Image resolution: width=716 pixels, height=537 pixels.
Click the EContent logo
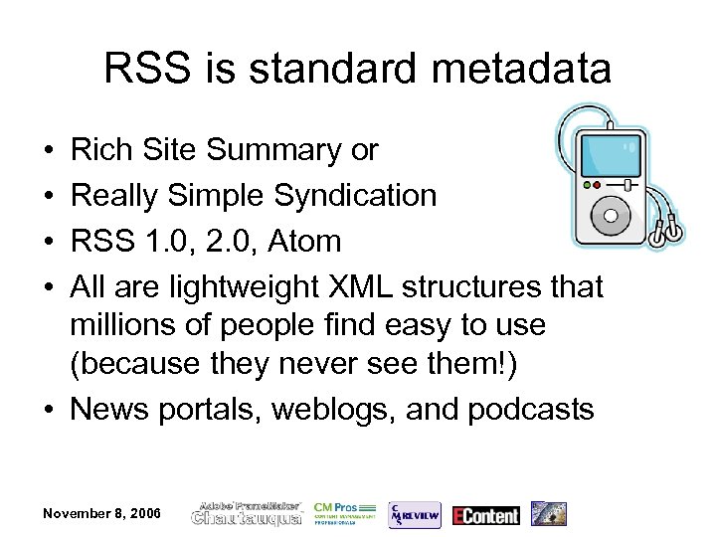(x=486, y=514)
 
